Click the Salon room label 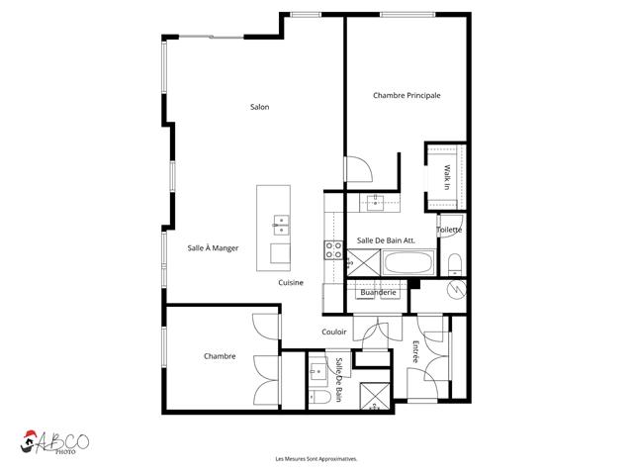point(260,107)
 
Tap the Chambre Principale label point(406,95)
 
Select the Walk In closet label point(446,178)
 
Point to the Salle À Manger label point(213,248)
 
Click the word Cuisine point(290,282)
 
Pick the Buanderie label point(378,292)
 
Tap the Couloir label point(334,332)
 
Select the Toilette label point(449,230)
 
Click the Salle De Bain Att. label point(386,240)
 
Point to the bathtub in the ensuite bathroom point(406,264)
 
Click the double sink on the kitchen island point(280,226)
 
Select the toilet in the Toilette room point(452,262)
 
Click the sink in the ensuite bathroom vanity point(376,202)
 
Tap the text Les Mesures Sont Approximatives point(316,459)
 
